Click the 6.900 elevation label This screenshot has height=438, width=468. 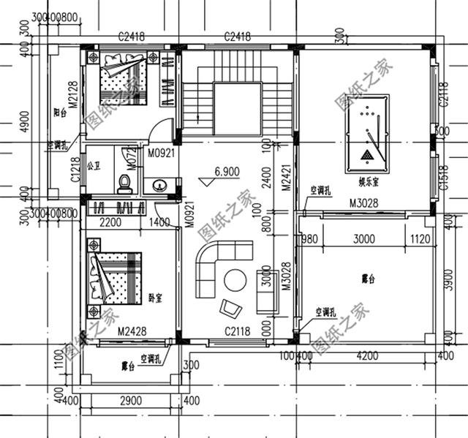227,173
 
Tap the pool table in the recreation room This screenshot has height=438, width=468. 369,134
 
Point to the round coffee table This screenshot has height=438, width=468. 235,281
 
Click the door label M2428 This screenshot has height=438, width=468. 132,331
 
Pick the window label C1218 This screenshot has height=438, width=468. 75,170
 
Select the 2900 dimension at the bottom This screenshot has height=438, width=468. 131,401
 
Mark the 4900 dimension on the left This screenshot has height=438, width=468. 23,121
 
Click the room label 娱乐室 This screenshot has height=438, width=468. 368,180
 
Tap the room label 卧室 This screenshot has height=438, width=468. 155,298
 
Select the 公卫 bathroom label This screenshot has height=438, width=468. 93,166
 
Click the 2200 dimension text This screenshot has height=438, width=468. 110,222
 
